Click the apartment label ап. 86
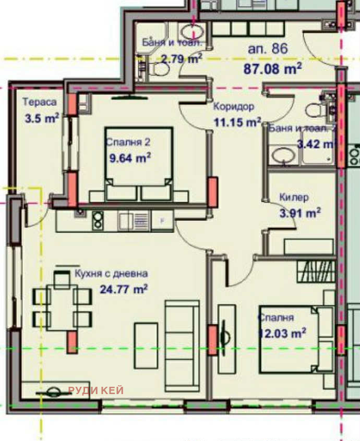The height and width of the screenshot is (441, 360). point(268,50)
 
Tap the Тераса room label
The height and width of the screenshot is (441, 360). point(39,103)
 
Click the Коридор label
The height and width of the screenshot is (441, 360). point(233,107)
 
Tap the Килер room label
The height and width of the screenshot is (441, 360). point(294,198)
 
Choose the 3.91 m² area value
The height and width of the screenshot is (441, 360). point(299,212)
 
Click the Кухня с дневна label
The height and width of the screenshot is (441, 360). point(111,273)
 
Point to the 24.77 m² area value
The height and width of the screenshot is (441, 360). point(123,288)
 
